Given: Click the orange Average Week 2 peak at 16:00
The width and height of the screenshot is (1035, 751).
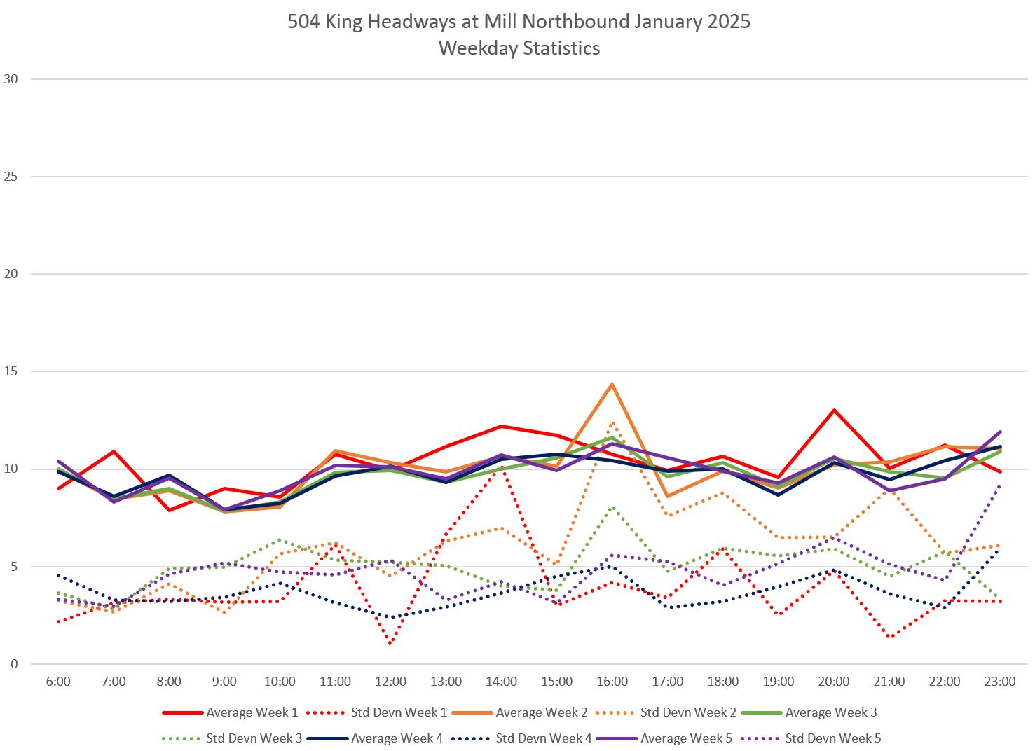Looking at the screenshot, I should [612, 384].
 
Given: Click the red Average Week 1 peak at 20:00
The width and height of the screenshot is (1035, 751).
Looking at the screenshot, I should [834, 410].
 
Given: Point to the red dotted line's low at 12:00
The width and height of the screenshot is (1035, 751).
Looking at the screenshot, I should [390, 643].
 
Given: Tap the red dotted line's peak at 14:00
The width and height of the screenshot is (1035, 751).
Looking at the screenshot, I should [501, 467].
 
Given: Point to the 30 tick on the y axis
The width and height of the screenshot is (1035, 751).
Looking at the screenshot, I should [11, 79].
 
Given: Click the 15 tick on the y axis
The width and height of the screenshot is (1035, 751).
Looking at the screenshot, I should [11, 371].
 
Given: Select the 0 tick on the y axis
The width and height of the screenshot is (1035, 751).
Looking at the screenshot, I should [14, 664].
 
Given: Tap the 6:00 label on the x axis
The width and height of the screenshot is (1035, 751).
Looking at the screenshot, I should [58, 682].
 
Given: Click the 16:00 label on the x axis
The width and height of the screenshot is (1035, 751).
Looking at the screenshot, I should [612, 682].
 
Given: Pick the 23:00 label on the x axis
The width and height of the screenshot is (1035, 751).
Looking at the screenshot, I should [1000, 682].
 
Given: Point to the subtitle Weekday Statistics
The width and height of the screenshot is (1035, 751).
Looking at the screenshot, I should [519, 48].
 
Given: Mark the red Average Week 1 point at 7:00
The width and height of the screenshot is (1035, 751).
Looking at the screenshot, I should [114, 451].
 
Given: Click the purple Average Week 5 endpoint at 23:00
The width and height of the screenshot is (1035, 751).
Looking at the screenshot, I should [1000, 432].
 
